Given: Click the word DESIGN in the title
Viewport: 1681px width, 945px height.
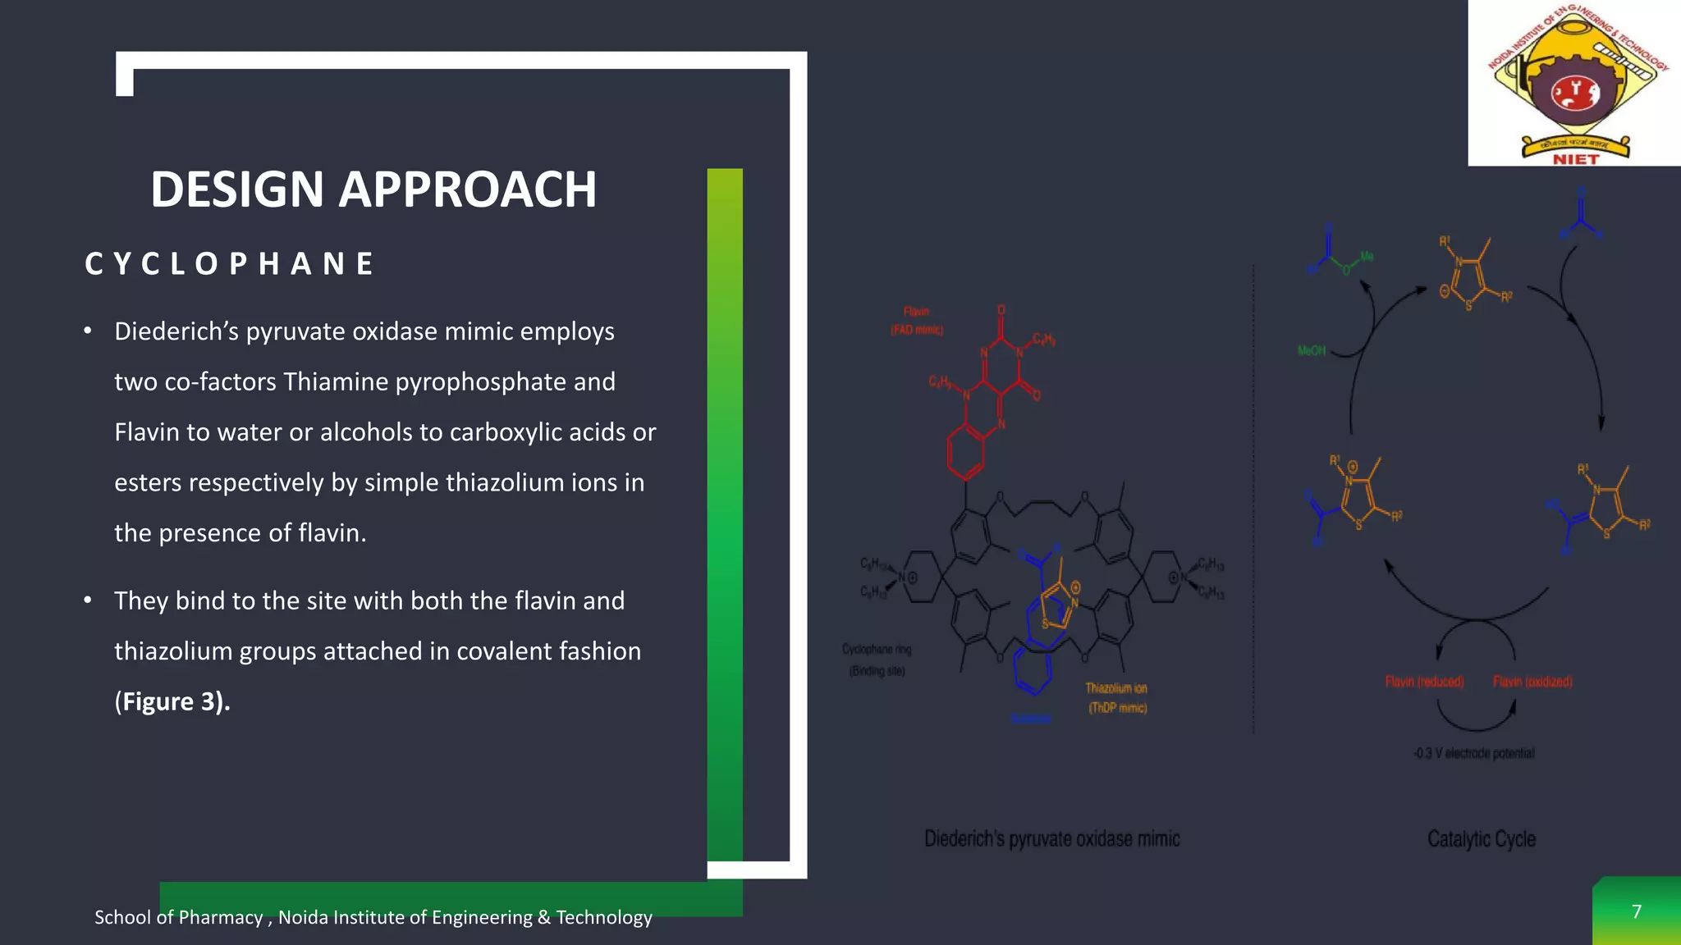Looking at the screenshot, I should click(x=237, y=189).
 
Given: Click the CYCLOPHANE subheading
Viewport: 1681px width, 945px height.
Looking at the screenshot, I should click(x=229, y=264).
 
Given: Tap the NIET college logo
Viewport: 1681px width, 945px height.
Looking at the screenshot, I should click(x=1574, y=83).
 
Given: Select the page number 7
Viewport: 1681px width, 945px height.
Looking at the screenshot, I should click(x=1636, y=912).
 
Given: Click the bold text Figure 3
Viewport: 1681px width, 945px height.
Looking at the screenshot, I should click(x=172, y=701).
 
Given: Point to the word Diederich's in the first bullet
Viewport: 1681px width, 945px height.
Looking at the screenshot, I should click(x=176, y=331).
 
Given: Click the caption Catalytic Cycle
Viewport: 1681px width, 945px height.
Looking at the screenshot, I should click(x=1481, y=839).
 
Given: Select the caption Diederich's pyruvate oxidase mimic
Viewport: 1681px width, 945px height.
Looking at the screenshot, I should click(x=1051, y=839).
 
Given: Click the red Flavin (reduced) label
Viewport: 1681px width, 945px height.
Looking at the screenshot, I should click(x=1424, y=682).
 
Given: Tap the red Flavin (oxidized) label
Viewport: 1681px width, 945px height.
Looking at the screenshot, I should click(x=1532, y=682).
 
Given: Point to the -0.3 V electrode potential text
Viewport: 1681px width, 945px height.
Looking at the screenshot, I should click(x=1473, y=753).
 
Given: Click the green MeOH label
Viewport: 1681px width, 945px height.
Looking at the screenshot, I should click(x=1312, y=351).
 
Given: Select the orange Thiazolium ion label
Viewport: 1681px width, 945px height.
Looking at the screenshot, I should click(x=1116, y=689).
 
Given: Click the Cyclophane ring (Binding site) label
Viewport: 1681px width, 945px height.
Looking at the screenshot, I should click(x=877, y=660).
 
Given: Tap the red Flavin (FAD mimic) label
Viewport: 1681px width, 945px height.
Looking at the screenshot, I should click(x=917, y=321).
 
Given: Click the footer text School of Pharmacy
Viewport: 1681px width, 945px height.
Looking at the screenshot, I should click(x=178, y=917).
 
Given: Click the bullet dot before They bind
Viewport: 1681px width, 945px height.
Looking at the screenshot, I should click(x=88, y=600).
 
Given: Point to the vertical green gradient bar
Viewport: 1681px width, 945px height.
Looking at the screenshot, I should click(x=725, y=514).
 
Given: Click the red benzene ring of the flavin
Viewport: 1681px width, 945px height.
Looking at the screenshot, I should click(x=965, y=451).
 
